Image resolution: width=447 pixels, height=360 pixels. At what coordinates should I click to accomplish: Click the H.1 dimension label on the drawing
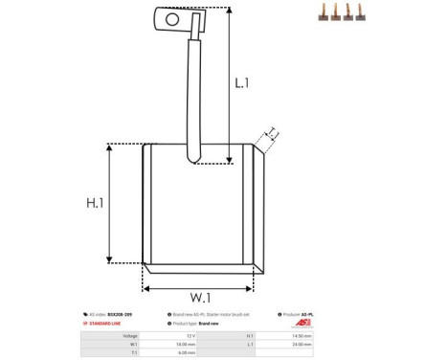pyautogui.click(x=94, y=203)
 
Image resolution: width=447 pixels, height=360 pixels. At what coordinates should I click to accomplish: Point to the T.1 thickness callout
pyautogui.click(x=272, y=133)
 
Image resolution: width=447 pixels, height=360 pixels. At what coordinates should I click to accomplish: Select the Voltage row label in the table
pyautogui.click(x=129, y=336)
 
